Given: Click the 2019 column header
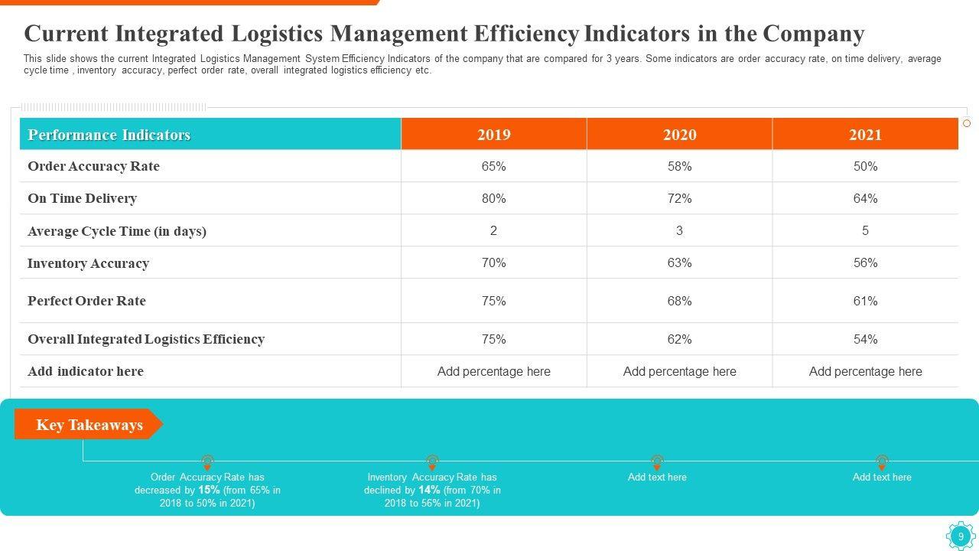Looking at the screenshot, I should pyautogui.click(x=493, y=135).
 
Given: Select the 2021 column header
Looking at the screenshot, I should pyautogui.click(x=865, y=135).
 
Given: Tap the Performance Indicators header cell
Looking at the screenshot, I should pyautogui.click(x=109, y=135).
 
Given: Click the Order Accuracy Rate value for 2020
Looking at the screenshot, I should pyautogui.click(x=679, y=166).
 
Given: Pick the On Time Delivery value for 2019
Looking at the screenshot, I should pyautogui.click(x=493, y=198).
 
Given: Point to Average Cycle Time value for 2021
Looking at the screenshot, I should pyautogui.click(x=865, y=230).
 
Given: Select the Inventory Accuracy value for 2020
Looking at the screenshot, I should pyautogui.click(x=679, y=262).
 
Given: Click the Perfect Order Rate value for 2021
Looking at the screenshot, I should pyautogui.click(x=865, y=301).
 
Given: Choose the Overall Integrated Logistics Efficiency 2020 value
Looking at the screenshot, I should pyautogui.click(x=679, y=339).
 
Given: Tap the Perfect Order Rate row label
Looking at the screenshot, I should pyautogui.click(x=86, y=301).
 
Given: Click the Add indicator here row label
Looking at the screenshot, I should pyautogui.click(x=86, y=371).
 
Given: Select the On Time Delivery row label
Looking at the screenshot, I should pyautogui.click(x=82, y=198).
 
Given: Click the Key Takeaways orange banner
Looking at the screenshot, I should pyautogui.click(x=89, y=425).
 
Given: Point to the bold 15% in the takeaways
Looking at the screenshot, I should pyautogui.click(x=209, y=490).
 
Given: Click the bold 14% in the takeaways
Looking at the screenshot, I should pyautogui.click(x=429, y=490).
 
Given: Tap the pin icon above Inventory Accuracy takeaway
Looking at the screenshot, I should pyautogui.click(x=432, y=462).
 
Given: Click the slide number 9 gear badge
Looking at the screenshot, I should pyautogui.click(x=961, y=536).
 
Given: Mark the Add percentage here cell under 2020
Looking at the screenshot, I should pyautogui.click(x=679, y=371).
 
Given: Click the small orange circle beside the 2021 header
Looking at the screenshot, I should pyautogui.click(x=967, y=123).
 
